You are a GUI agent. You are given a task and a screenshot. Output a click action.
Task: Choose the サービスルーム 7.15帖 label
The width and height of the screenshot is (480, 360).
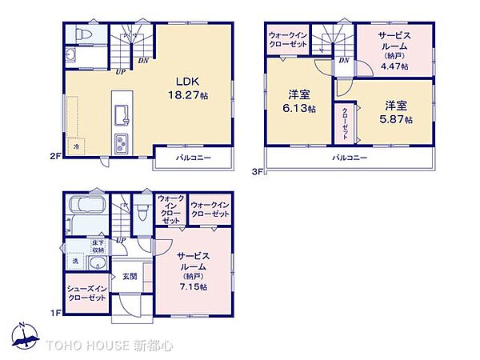coord(193,270)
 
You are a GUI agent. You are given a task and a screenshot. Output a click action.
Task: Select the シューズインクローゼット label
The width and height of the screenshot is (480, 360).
coord(86,293)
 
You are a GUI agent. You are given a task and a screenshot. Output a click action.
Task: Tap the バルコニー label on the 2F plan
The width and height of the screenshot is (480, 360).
coord(193,158)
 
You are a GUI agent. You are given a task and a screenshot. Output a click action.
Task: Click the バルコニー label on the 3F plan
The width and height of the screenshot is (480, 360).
coord(350,158)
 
